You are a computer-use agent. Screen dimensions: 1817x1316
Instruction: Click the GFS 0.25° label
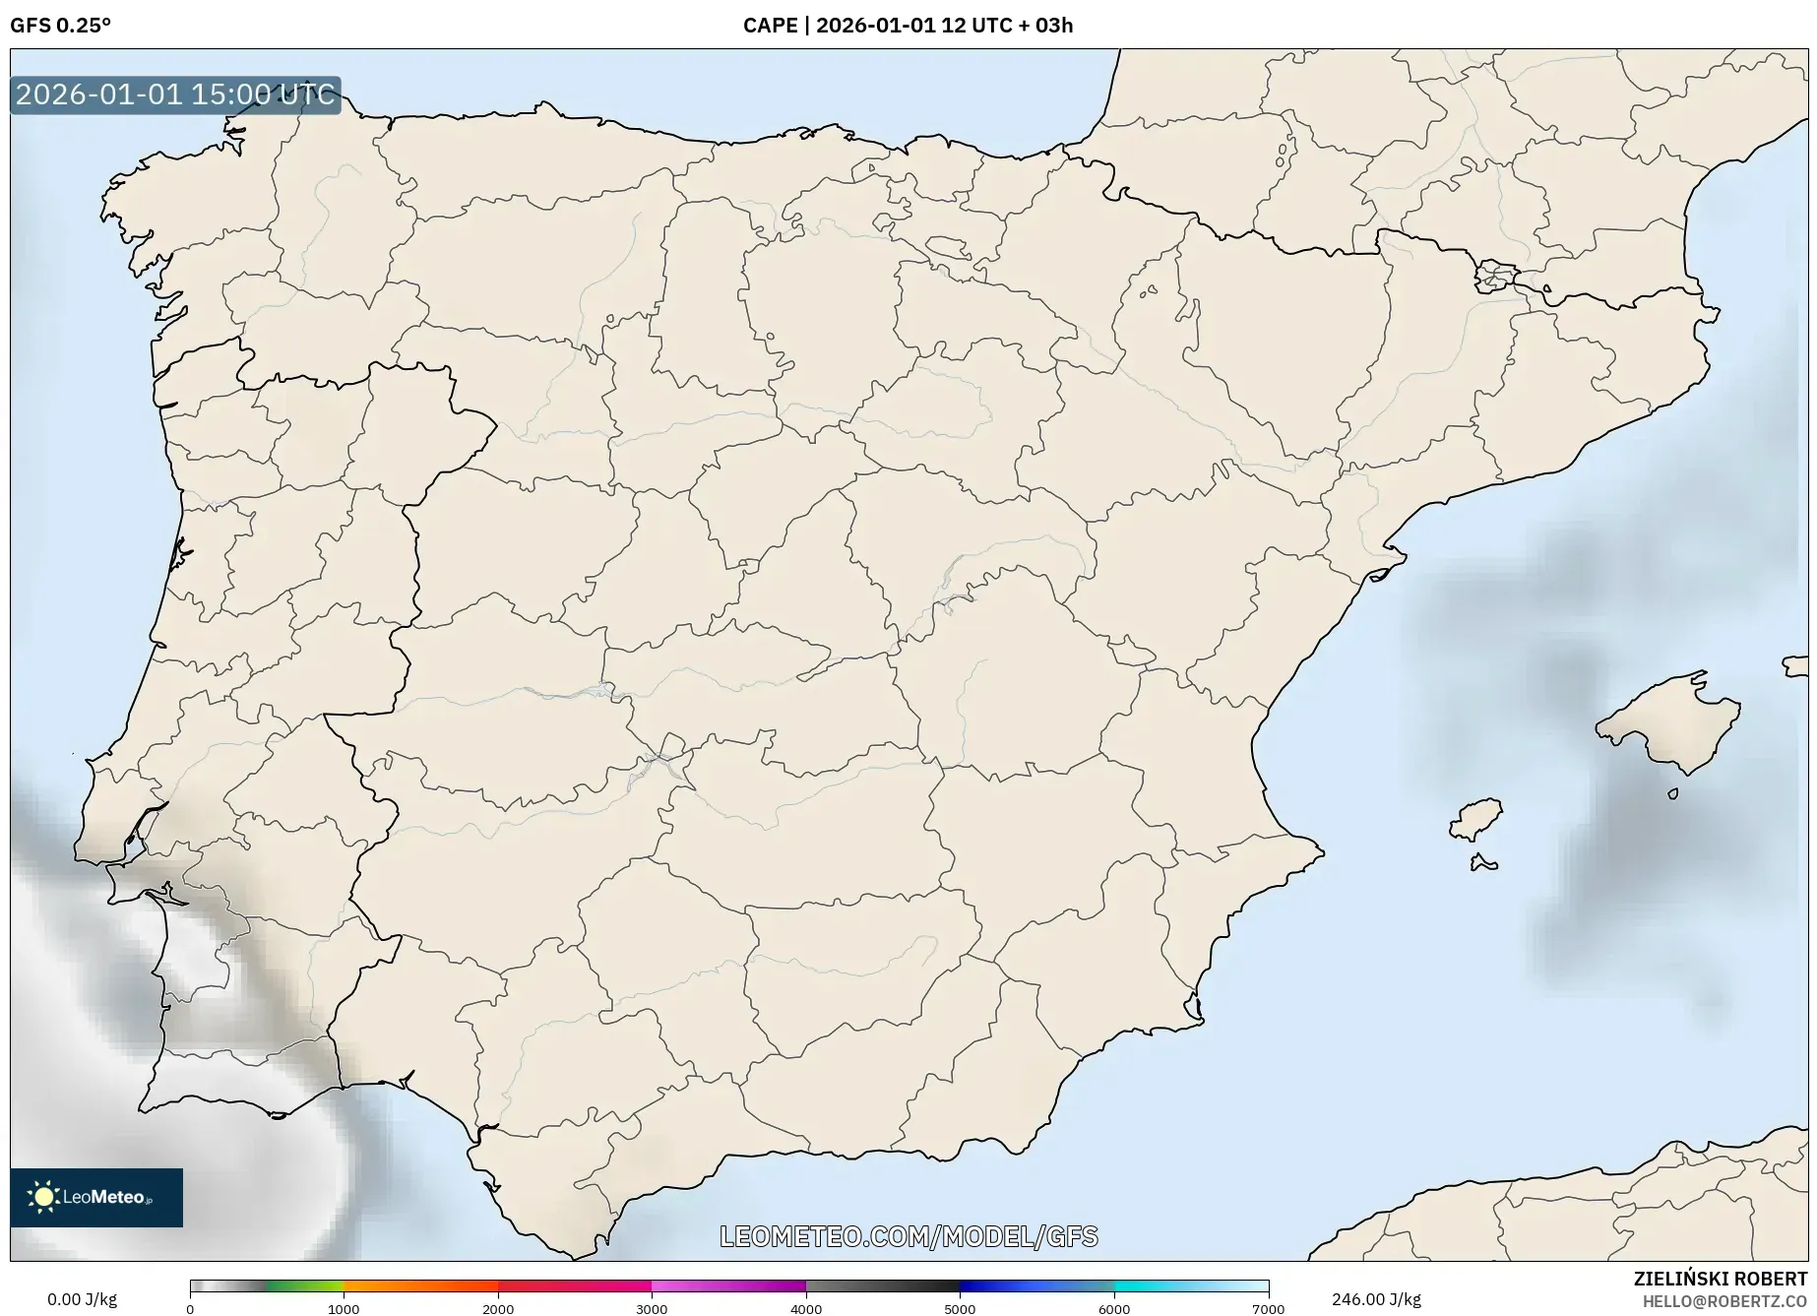tap(60, 26)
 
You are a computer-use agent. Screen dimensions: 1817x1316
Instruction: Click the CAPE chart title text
tap(908, 26)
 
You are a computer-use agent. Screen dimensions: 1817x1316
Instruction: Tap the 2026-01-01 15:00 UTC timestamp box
tap(175, 94)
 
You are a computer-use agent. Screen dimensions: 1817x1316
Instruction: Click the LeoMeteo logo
tap(96, 1197)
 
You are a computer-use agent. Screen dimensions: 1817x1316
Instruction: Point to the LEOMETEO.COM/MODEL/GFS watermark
tap(908, 1236)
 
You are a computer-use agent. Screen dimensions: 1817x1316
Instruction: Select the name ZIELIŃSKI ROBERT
tap(1721, 1279)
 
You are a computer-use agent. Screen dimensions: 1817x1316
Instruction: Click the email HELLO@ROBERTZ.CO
tap(1724, 1300)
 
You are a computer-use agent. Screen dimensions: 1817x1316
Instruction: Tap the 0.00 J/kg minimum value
tap(82, 1299)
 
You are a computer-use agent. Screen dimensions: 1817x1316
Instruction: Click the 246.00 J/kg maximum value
tap(1376, 1299)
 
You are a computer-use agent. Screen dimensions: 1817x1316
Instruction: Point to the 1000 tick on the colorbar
tap(344, 1308)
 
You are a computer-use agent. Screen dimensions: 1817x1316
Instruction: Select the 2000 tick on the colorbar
tap(498, 1308)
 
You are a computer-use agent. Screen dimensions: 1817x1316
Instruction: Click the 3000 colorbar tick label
tap(652, 1308)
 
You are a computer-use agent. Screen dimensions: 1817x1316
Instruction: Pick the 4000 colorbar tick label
tap(806, 1308)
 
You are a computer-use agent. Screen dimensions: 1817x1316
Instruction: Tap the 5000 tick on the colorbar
tap(960, 1308)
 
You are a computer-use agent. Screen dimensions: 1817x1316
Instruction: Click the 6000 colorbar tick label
tap(1114, 1308)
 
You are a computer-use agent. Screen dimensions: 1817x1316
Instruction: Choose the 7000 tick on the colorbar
tap(1268, 1308)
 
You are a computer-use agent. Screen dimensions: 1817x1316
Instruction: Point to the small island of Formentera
tap(1482, 863)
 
